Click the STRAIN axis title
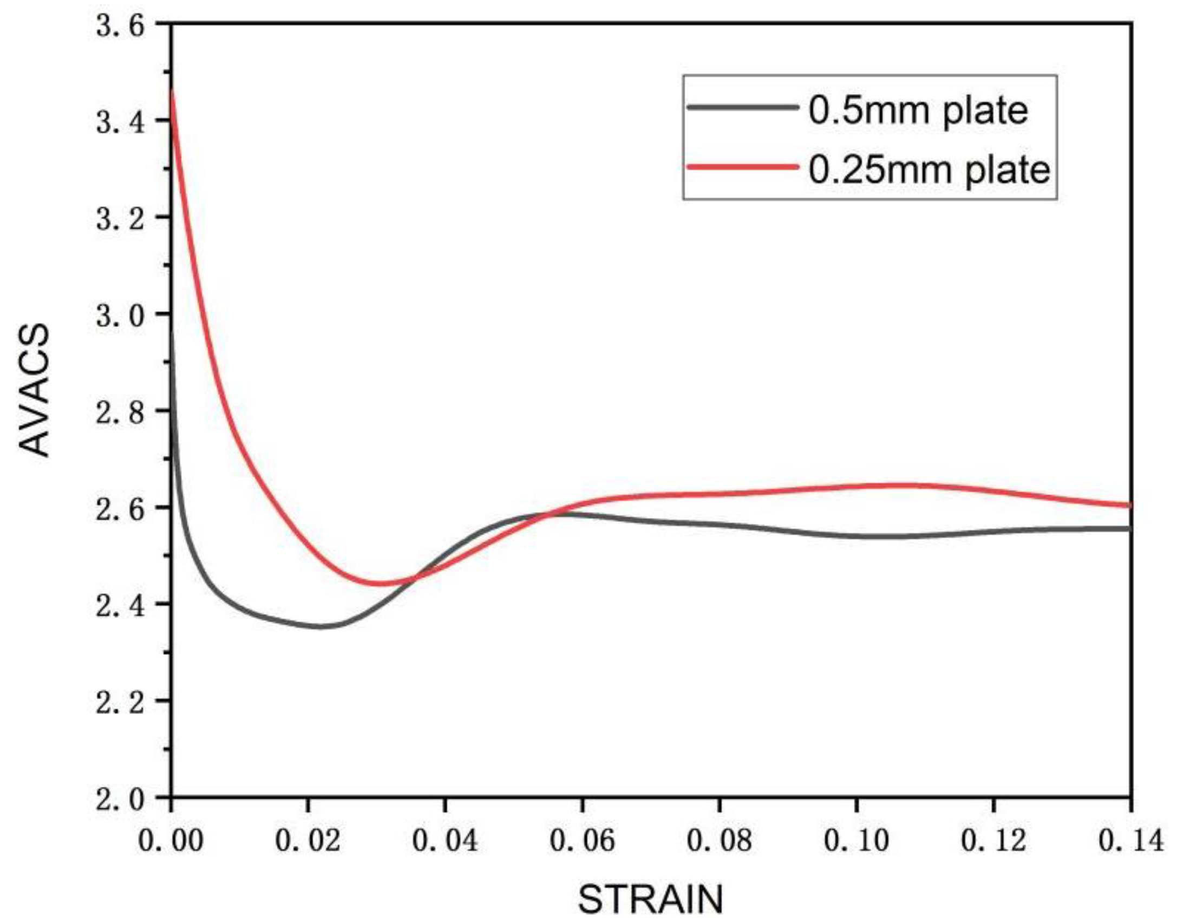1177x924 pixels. pyautogui.click(x=650, y=900)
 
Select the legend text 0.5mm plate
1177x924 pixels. pyautogui.click(x=917, y=110)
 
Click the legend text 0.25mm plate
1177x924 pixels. pyautogui.click(x=929, y=169)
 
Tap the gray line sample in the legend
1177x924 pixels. pyautogui.click(x=742, y=107)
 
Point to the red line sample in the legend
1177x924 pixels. pyautogui.click(x=742, y=166)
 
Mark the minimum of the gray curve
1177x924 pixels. pyautogui.click(x=322, y=626)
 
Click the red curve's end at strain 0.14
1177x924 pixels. pyautogui.click(x=1129, y=506)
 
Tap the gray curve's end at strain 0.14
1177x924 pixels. pyautogui.click(x=1129, y=528)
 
